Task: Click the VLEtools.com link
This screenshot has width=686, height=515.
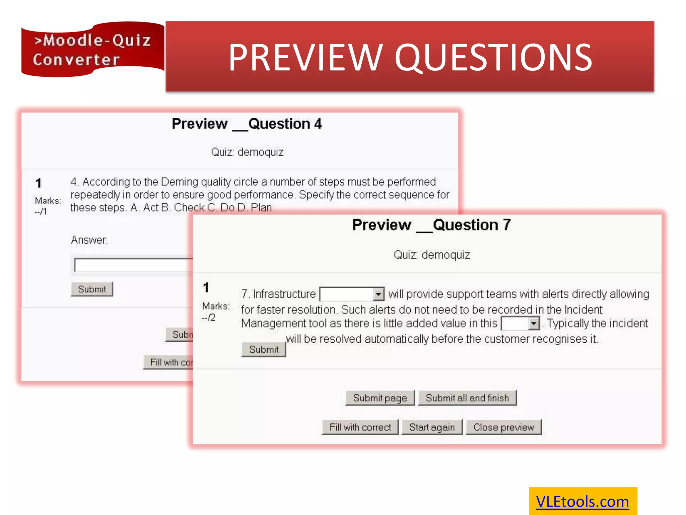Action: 582,502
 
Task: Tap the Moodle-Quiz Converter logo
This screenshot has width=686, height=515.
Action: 92,50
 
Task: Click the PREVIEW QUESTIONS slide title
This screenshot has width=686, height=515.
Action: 410,57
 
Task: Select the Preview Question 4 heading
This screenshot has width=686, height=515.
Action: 247,124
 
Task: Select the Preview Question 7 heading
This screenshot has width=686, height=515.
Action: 431,225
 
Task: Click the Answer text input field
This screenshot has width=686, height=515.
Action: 134,265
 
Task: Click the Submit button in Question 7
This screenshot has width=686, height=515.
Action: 264,350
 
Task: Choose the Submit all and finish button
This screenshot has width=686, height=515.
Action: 467,398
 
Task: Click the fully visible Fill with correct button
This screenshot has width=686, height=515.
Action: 360,427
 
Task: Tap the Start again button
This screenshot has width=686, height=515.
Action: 432,427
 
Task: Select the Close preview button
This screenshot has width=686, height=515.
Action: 503,427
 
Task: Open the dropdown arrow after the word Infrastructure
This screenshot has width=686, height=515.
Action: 378,294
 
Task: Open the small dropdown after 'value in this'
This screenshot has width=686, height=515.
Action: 533,324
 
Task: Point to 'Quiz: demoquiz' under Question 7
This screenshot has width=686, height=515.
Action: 431,255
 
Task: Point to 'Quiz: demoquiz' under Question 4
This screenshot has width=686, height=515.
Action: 247,152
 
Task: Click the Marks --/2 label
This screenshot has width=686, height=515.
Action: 215,311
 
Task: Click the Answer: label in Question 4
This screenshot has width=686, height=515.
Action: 89,240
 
